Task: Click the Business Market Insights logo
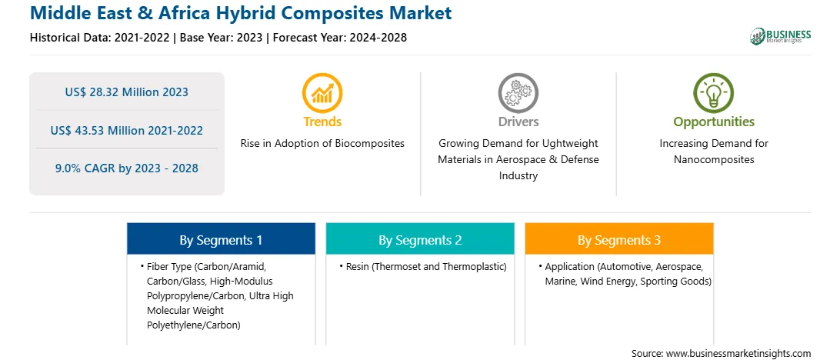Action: [780, 36]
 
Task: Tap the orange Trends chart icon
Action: [322, 92]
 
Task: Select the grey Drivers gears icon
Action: [518, 92]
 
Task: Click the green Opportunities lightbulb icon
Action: [714, 92]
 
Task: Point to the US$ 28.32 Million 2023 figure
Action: [127, 92]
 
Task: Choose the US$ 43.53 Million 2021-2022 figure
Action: [127, 130]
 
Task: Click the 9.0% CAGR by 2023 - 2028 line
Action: [127, 168]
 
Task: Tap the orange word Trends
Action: [322, 122]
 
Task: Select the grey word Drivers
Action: [518, 122]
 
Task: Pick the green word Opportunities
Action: [714, 122]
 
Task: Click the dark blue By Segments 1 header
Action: [221, 240]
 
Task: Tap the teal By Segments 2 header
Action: [420, 240]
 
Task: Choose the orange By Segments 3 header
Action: [618, 240]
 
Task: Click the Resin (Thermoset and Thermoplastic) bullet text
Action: [426, 266]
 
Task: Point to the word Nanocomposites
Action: [714, 160]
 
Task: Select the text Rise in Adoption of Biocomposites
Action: [322, 144]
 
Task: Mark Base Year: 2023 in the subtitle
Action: [222, 38]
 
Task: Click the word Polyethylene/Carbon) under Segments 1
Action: [193, 325]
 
